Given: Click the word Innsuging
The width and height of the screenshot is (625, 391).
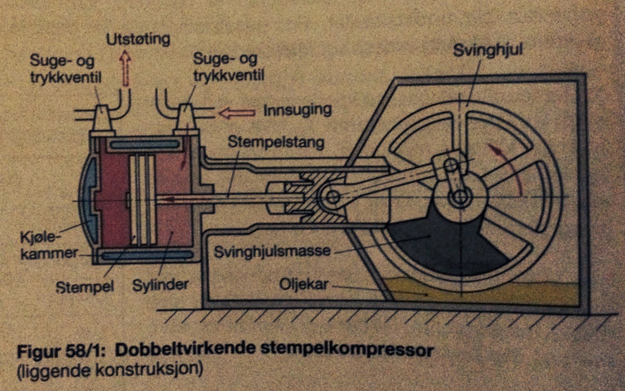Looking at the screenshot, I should tap(298, 110).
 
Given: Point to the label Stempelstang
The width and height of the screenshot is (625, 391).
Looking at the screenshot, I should tap(276, 143).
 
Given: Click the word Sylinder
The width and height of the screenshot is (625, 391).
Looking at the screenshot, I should tap(160, 285).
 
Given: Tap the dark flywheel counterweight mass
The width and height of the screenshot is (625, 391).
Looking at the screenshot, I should tap(440, 244).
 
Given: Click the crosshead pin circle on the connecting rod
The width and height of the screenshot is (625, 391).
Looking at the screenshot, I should tap(333, 196).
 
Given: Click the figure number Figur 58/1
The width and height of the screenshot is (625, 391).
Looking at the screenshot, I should tap(60, 350).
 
